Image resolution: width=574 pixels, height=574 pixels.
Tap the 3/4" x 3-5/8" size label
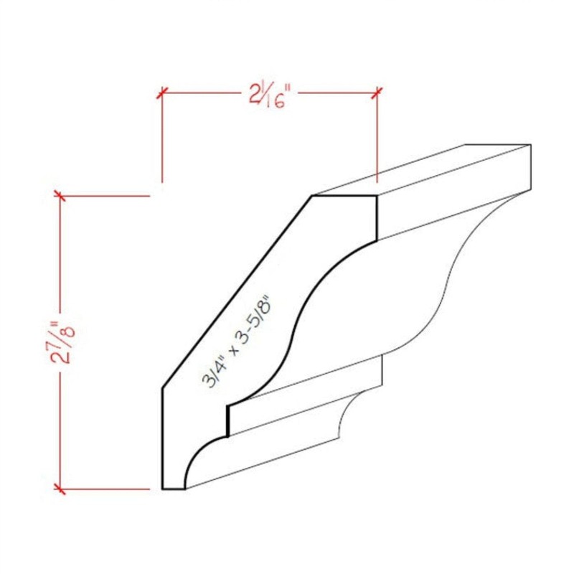pyautogui.click(x=243, y=342)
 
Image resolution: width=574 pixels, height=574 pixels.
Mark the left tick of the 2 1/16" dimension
pyautogui.click(x=162, y=92)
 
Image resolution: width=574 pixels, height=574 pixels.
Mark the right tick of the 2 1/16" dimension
pyautogui.click(x=377, y=92)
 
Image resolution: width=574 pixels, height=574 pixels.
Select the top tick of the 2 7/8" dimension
pyautogui.click(x=60, y=195)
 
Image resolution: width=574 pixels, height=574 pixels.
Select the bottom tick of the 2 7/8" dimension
pyautogui.click(x=60, y=489)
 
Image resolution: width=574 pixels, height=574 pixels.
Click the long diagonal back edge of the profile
pyautogui.click(x=237, y=293)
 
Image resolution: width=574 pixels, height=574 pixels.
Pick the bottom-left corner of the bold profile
pyautogui.click(x=164, y=489)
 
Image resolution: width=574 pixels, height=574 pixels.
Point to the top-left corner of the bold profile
pyautogui.click(x=312, y=196)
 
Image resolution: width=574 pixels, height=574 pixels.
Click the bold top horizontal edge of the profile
pyautogui.click(x=344, y=196)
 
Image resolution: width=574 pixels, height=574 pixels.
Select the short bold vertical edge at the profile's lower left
pyautogui.click(x=164, y=438)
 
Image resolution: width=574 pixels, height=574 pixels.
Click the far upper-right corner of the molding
pyautogui.click(x=530, y=146)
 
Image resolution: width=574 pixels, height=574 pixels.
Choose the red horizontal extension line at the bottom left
pyautogui.click(x=108, y=489)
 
